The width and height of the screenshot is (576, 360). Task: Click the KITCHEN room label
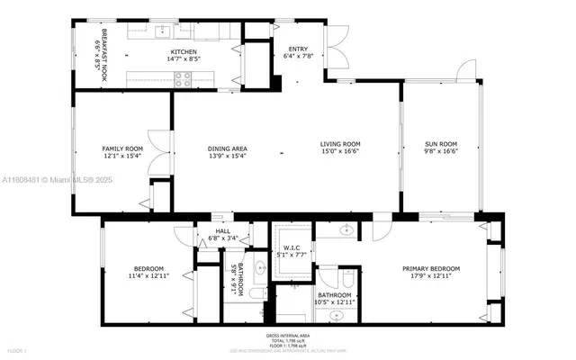click(x=184, y=52)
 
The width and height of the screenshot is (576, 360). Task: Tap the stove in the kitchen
click(x=183, y=78)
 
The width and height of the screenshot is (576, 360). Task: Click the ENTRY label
click(x=298, y=50)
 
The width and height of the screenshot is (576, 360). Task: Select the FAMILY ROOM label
click(x=122, y=148)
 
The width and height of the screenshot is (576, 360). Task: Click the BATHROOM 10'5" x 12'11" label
click(x=334, y=296)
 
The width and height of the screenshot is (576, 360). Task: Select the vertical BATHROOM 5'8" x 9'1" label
click(x=237, y=279)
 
